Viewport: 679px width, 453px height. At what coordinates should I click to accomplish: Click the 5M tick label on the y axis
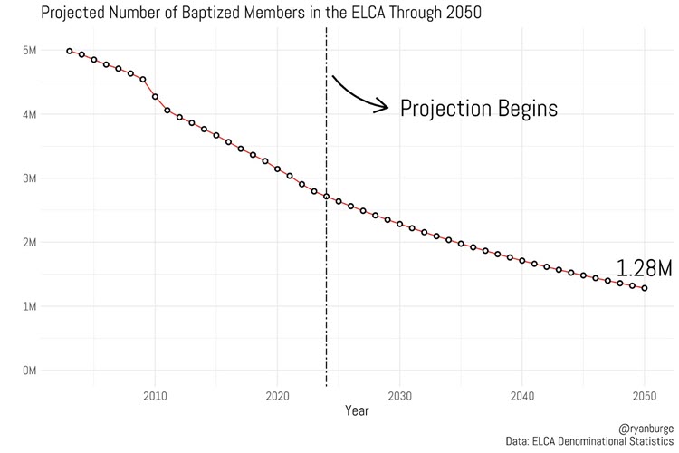(x=30, y=51)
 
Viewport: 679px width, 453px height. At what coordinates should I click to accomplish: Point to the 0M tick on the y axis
(x=30, y=371)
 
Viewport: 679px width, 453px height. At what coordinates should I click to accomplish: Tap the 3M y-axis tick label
(x=30, y=178)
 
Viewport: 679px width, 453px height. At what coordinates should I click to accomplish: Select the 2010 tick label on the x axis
(x=155, y=396)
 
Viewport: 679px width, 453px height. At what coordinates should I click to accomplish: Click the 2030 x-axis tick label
(x=399, y=396)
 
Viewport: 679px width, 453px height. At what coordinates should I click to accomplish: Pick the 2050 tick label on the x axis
(x=645, y=396)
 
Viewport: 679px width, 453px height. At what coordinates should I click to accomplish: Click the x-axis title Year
(x=356, y=410)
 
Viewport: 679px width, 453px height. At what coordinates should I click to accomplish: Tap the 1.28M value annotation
(x=644, y=268)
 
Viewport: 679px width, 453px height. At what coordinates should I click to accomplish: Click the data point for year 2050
(x=645, y=288)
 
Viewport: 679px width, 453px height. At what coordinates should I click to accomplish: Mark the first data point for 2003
(x=70, y=51)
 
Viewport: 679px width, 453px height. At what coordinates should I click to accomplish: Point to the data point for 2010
(x=155, y=96)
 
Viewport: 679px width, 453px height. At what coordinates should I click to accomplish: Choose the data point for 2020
(x=278, y=169)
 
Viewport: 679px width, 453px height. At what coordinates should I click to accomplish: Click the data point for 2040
(x=522, y=260)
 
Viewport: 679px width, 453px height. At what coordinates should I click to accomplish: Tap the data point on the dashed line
(x=327, y=196)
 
